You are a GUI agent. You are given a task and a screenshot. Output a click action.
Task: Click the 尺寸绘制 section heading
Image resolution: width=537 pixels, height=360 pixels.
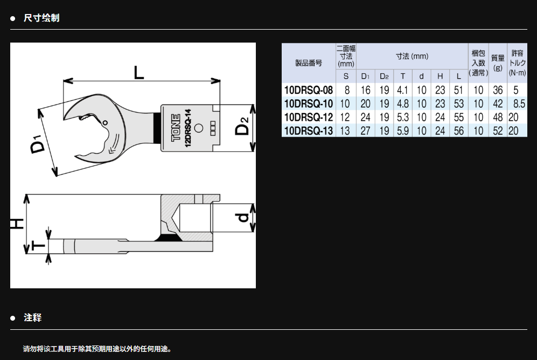pyautogui.click(x=41, y=18)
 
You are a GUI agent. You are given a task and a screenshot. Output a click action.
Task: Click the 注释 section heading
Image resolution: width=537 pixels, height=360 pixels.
pyautogui.click(x=33, y=318)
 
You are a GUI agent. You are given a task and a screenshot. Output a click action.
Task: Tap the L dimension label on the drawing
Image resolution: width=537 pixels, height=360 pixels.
pyautogui.click(x=140, y=73)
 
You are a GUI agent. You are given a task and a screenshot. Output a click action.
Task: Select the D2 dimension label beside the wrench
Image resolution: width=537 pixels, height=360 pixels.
pyautogui.click(x=243, y=127)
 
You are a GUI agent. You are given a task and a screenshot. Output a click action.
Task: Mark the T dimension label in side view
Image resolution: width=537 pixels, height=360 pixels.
pyautogui.click(x=38, y=246)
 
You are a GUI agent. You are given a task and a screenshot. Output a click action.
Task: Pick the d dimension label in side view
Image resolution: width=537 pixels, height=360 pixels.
pyautogui.click(x=243, y=217)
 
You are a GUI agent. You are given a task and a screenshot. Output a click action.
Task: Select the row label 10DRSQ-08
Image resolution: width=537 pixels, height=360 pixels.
pyautogui.click(x=308, y=90)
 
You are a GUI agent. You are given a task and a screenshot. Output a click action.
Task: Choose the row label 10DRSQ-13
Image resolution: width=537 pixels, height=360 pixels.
pyautogui.click(x=308, y=130)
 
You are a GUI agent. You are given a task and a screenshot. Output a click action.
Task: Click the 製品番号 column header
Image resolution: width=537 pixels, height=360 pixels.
pyautogui.click(x=309, y=63)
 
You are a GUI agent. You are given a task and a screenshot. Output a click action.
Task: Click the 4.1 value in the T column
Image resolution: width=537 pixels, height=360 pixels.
pyautogui.click(x=402, y=90)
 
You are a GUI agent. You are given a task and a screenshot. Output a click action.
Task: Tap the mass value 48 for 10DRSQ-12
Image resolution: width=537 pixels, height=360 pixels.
pyautogui.click(x=498, y=117)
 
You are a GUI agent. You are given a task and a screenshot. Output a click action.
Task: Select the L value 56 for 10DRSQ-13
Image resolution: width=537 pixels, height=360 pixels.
pyautogui.click(x=458, y=130)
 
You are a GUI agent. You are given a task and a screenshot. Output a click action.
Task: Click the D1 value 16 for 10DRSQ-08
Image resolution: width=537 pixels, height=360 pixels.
pyautogui.click(x=366, y=90)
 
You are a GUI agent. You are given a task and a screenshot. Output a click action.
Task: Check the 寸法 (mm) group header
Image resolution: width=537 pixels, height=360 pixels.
pyautogui.click(x=412, y=56)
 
